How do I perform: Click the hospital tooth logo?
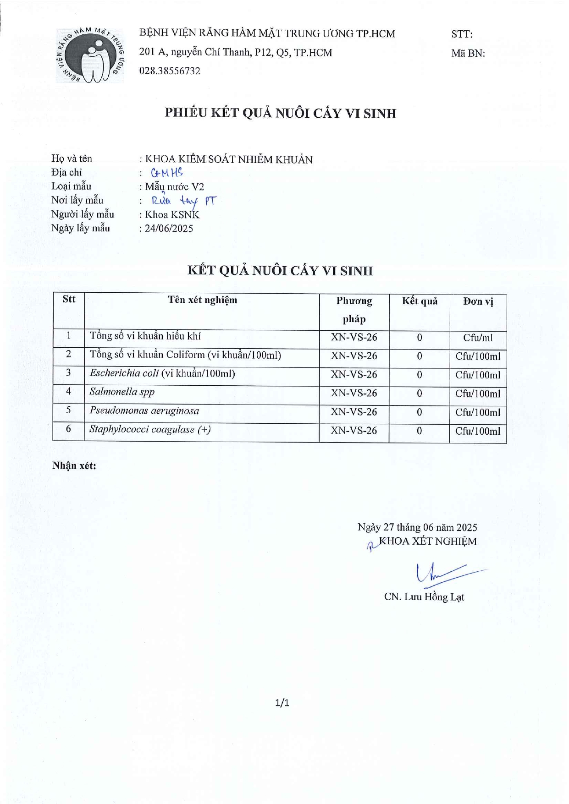[90, 55]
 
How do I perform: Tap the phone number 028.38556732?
[170, 71]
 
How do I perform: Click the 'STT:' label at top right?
[462, 34]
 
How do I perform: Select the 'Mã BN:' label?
[468, 53]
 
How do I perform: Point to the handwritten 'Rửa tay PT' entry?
[183, 201]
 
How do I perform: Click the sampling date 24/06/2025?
[169, 228]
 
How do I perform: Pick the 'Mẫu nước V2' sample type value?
[174, 186]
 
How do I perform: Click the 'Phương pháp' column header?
[354, 310]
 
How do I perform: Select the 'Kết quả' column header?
[420, 301]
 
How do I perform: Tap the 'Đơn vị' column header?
[478, 301]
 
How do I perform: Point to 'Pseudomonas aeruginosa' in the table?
[144, 410]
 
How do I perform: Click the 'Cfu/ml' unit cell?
[478, 338]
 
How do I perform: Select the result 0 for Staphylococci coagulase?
[420, 431]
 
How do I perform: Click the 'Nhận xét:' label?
[74, 466]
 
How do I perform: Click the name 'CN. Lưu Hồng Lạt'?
[424, 596]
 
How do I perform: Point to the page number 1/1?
[282, 702]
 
